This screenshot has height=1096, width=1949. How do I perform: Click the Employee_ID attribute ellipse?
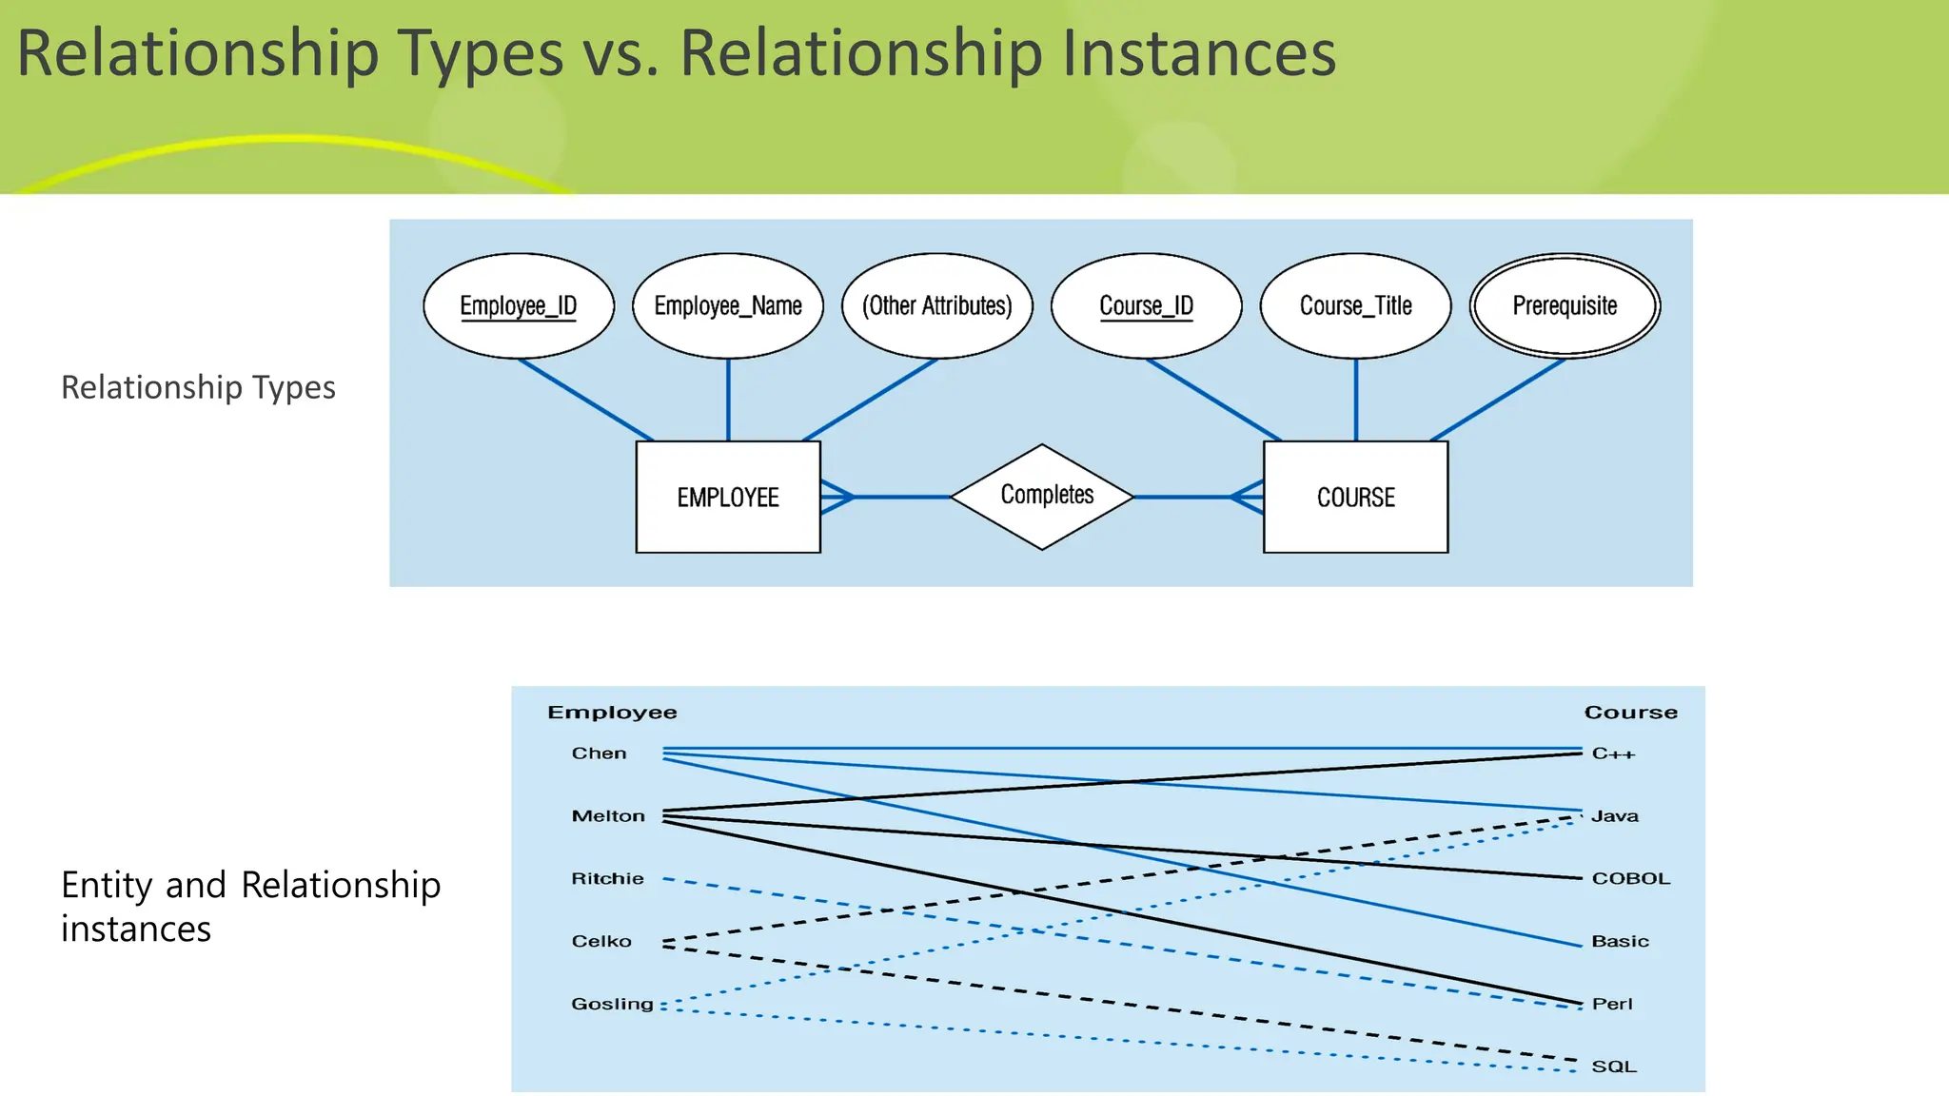point(519,305)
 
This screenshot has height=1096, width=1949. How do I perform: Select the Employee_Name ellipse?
point(728,305)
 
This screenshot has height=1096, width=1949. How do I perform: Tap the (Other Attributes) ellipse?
point(937,305)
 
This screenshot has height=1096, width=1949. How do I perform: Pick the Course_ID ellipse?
point(1146,305)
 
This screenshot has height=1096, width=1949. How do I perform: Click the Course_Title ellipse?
point(1355,305)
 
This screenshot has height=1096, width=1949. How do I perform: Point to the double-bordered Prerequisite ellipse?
point(1565,305)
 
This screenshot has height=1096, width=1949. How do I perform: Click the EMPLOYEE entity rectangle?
point(728,497)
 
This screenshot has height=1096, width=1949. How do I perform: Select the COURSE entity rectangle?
point(1355,497)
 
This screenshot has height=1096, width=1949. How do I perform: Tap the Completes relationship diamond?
point(1043,496)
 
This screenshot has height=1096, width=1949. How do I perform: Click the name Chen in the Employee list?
point(599,753)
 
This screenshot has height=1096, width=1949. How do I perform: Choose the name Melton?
point(608,816)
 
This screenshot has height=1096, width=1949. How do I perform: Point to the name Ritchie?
point(607,879)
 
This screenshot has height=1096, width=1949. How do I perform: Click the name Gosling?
point(612,1004)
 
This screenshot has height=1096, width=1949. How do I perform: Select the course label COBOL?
point(1630,879)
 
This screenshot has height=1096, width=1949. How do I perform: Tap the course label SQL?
point(1614,1067)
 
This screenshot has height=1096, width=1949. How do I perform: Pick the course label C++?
point(1613,753)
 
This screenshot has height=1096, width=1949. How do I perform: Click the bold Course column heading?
point(1630,713)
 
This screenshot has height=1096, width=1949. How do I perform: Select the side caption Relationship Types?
point(198,387)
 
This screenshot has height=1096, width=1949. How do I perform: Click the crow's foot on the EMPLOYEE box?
point(837,497)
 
